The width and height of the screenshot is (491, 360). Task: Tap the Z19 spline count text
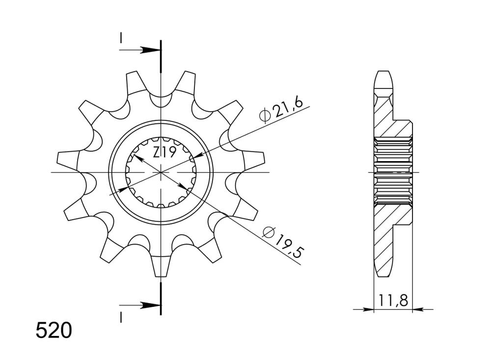tap(164, 153)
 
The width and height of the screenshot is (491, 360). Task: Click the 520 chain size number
tap(54, 331)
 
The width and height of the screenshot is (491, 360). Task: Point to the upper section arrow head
tap(150, 50)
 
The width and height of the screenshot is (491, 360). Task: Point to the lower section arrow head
tap(150, 305)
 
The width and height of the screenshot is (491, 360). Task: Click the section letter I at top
tap(121, 38)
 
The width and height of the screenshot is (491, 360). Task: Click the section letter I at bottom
tap(121, 318)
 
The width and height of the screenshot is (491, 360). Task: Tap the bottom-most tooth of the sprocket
tap(161, 266)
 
